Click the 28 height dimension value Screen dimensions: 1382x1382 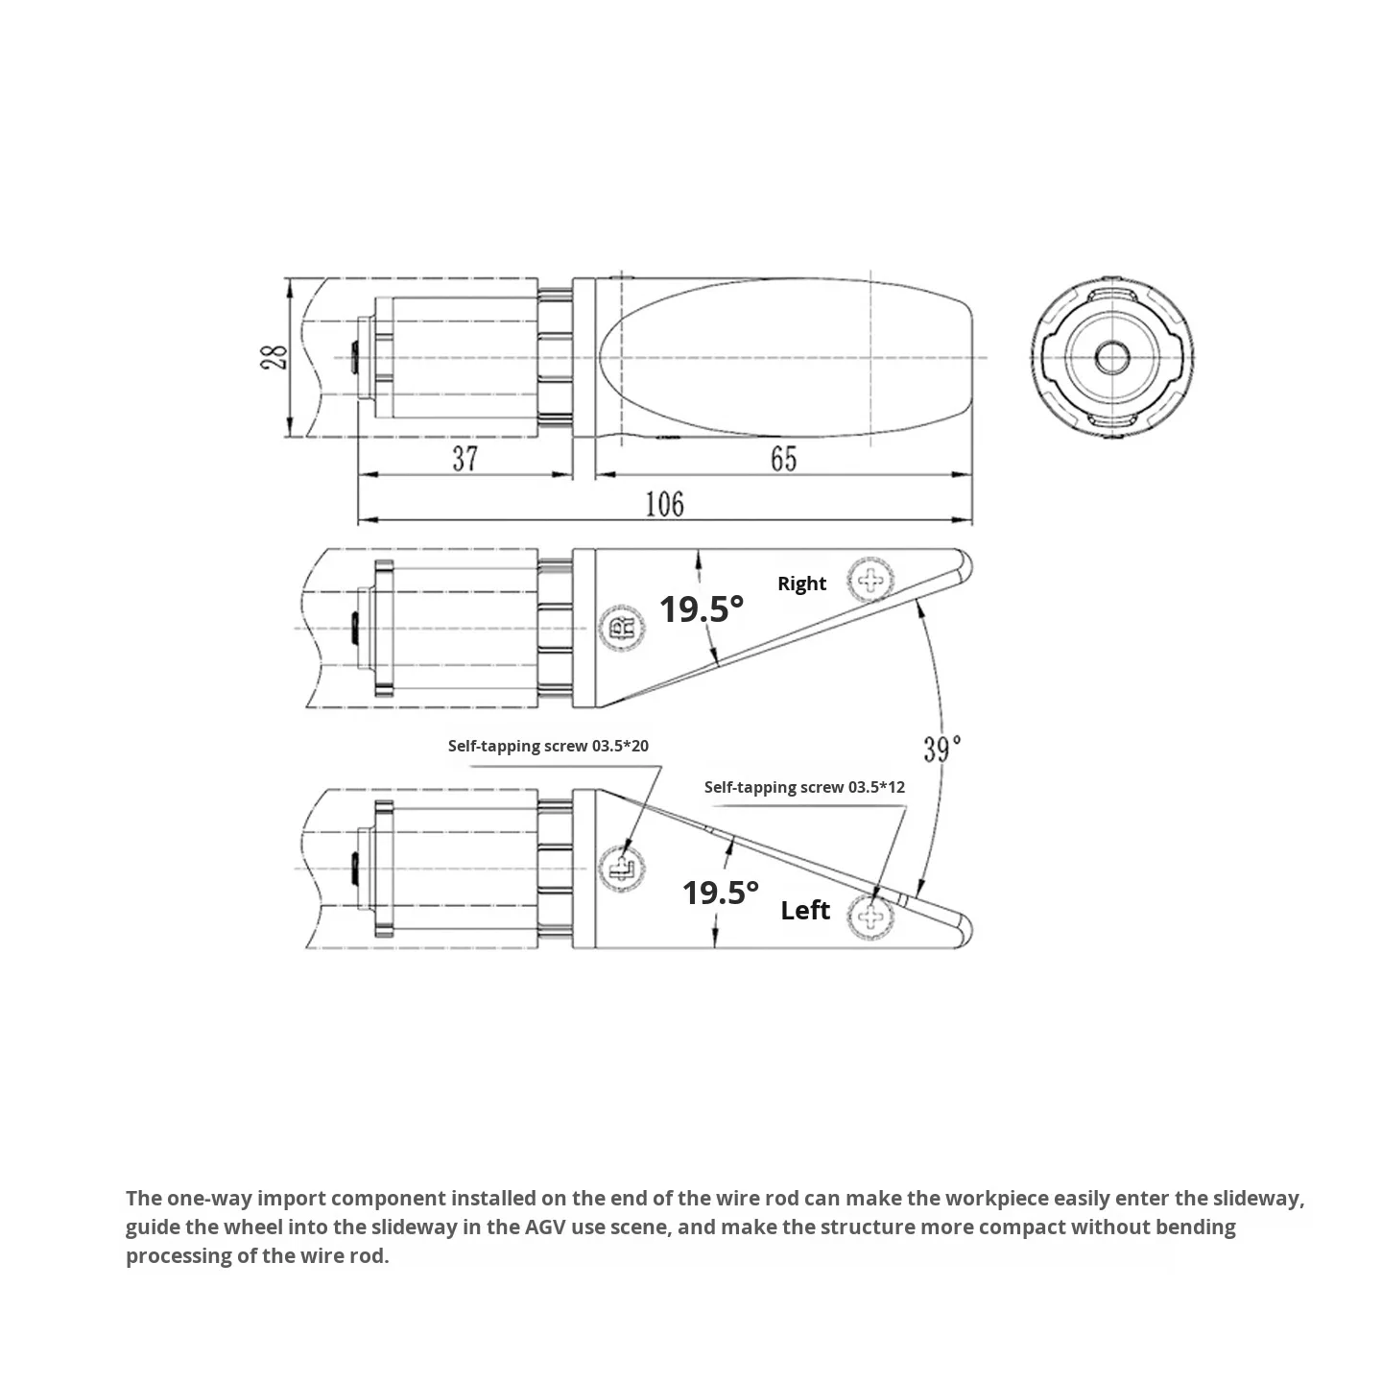coord(274,358)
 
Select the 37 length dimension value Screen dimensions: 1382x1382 coord(465,459)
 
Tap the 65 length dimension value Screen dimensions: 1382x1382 coord(783,459)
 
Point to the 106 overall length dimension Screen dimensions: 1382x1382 coord(664,504)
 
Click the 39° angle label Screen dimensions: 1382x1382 coord(942,749)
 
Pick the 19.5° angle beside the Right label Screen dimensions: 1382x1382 coord(701,608)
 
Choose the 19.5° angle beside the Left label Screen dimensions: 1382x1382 coord(720,893)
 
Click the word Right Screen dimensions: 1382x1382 coord(801,584)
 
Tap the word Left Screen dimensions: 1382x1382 coord(805,910)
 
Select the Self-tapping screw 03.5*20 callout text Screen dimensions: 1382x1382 coord(548,746)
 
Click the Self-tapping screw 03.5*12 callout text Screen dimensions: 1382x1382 coord(804,787)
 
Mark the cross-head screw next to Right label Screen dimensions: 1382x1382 coord(871,580)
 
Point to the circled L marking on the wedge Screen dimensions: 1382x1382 coord(619,870)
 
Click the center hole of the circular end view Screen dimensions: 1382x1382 coord(1112,358)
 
